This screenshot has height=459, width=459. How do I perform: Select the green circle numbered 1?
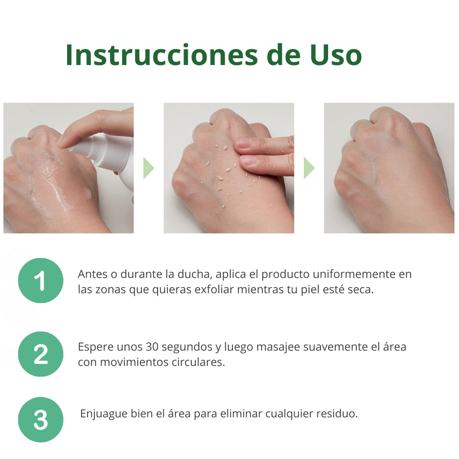tap(41, 280)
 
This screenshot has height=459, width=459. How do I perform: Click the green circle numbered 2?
tap(41, 354)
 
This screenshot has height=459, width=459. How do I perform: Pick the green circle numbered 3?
tap(41, 419)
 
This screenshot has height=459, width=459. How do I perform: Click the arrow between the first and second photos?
tap(148, 168)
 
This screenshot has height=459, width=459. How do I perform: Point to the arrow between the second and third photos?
tap(309, 168)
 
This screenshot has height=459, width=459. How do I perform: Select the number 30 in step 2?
tap(152, 347)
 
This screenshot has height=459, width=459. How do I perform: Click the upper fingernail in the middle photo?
tap(243, 143)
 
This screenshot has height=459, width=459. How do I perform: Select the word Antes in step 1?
tap(93, 274)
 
